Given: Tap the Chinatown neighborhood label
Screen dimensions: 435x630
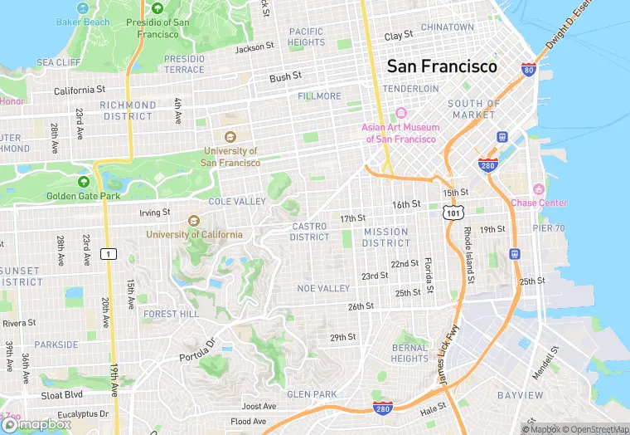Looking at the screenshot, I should [447, 27].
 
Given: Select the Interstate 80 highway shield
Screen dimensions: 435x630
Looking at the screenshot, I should [528, 70].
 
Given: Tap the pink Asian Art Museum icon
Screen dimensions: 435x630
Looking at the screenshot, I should [401, 113].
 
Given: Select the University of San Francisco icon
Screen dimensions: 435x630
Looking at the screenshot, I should [230, 137].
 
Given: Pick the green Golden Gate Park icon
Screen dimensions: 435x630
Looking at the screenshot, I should [83, 182].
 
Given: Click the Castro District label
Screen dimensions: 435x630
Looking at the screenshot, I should [309, 232].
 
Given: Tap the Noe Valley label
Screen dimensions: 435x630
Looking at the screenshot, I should [323, 288].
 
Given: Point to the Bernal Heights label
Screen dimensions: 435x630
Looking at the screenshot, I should [409, 353].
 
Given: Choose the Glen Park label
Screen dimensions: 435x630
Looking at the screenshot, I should [311, 393].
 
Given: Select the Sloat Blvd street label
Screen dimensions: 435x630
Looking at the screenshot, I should [62, 395].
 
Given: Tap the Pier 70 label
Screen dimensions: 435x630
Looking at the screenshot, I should [548, 227].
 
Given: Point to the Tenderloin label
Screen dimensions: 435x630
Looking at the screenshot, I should [410, 88].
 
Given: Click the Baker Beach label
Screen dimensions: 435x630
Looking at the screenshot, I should [83, 22].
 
